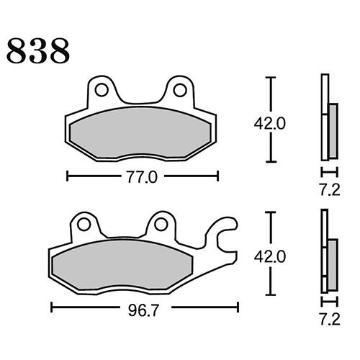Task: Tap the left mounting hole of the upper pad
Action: click(x=102, y=90)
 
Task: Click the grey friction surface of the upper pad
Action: click(x=141, y=133)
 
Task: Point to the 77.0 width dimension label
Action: click(x=141, y=176)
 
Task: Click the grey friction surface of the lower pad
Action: click(x=122, y=264)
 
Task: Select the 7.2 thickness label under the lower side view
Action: click(x=328, y=316)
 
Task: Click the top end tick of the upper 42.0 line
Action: click(x=271, y=77)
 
